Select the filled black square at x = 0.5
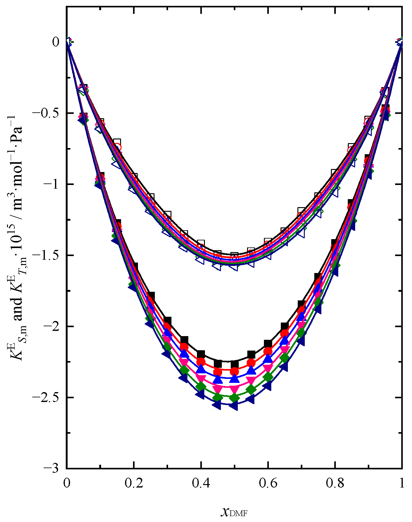234,364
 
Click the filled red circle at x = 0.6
268,351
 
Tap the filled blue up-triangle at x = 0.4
201,369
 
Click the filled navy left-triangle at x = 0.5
234,406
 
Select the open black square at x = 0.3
167,215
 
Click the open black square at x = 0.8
335,173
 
